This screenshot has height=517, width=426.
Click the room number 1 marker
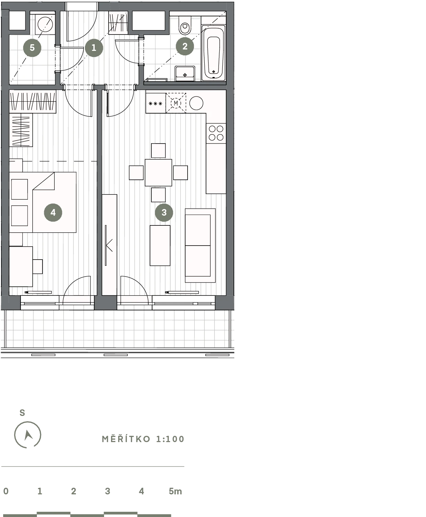point(94,48)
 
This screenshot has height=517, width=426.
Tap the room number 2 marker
point(185,46)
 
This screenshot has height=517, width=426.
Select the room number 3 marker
point(164,213)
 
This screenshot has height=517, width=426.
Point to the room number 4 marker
point(53,213)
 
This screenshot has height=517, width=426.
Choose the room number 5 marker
point(32,48)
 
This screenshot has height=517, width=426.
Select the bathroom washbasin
point(185,74)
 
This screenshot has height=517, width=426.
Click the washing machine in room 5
point(45,24)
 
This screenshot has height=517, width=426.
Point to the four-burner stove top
point(216,133)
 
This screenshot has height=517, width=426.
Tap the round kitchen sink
point(196,103)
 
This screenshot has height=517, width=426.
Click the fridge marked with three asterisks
point(156,103)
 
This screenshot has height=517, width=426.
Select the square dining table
point(158,172)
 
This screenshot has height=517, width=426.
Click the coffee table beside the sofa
point(160,245)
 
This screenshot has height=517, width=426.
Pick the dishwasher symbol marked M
point(176,103)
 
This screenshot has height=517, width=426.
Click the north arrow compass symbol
point(27,435)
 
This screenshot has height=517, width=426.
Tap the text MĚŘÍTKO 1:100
point(143,439)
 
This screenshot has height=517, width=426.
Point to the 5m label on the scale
point(175,491)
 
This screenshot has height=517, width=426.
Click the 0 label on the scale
point(6,491)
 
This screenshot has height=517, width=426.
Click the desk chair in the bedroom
point(38,267)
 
